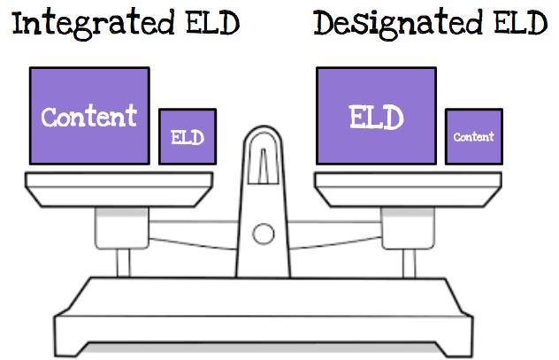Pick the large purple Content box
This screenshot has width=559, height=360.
(89, 115)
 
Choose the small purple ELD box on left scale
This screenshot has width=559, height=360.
(188, 137)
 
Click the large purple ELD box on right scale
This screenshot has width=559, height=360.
(376, 115)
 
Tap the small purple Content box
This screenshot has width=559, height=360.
(474, 137)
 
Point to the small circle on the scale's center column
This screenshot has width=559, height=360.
(263, 234)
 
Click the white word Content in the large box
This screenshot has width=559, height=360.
(89, 116)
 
